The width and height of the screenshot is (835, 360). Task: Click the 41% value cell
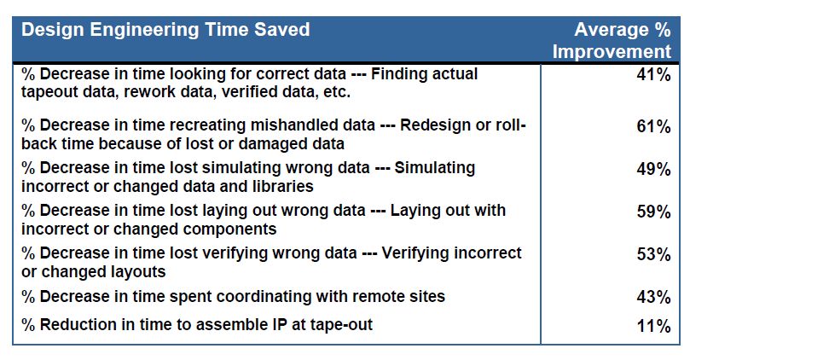(x=653, y=75)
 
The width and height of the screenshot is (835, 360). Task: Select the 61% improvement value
(x=653, y=127)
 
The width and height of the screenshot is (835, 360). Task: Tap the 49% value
(x=653, y=170)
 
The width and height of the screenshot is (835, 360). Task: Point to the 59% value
(x=653, y=212)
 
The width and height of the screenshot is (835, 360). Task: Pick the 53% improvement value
(x=653, y=254)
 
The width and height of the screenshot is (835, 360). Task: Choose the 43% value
(x=653, y=297)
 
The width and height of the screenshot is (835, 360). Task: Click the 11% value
(x=653, y=326)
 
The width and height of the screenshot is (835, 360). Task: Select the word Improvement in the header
(x=612, y=52)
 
